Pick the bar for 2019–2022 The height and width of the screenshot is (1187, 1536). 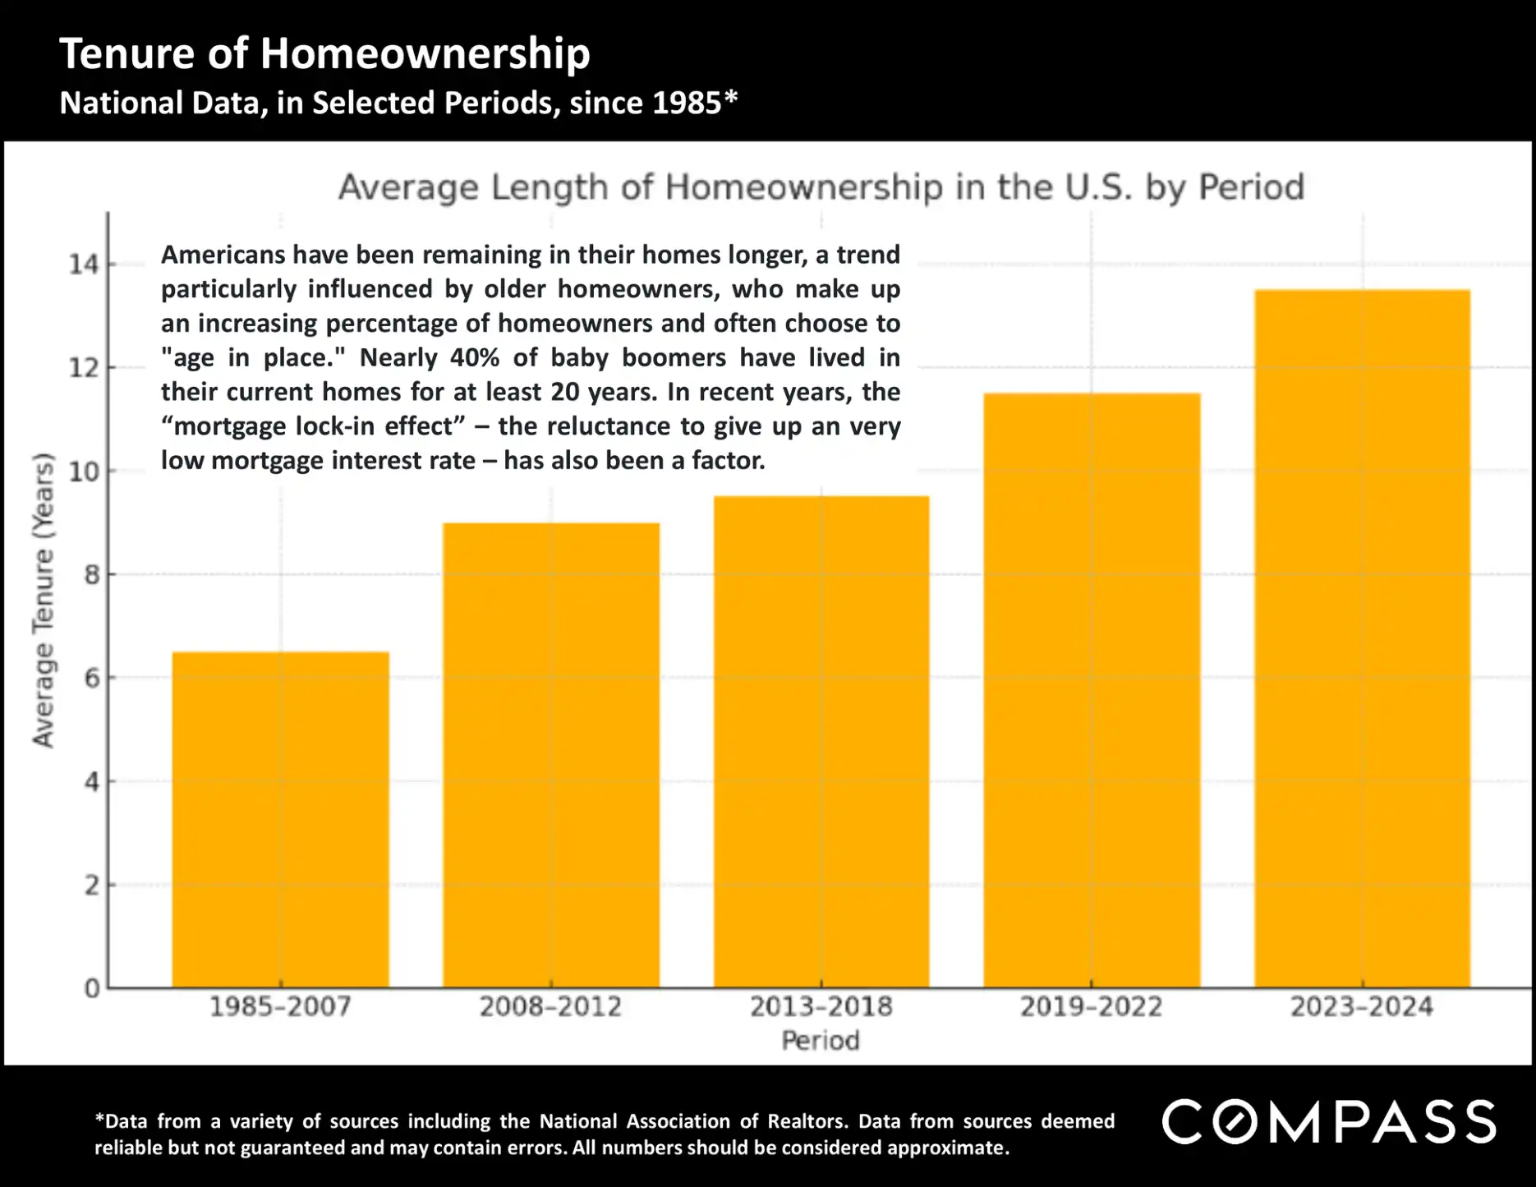[x=1092, y=690]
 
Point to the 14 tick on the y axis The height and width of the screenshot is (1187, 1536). [x=83, y=265]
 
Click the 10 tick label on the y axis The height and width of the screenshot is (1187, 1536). [x=83, y=472]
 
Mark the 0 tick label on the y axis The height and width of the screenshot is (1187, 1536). [x=91, y=988]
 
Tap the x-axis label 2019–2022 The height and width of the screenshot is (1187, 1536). [x=1091, y=1006]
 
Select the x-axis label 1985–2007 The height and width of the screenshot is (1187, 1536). [x=280, y=1006]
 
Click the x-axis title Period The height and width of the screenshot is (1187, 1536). [x=820, y=1041]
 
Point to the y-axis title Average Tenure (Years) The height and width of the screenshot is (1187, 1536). [x=43, y=600]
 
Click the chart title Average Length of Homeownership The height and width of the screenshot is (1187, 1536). [x=821, y=187]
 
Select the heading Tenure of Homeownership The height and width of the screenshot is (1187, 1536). [x=324, y=53]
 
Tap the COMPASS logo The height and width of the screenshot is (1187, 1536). [x=1328, y=1122]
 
